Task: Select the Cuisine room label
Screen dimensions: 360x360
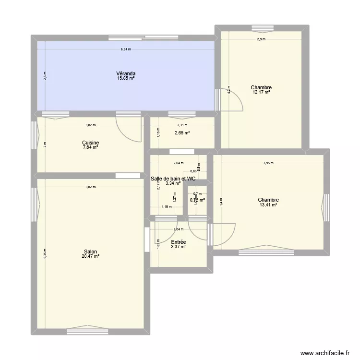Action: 90,143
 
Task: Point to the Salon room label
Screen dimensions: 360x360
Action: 90,252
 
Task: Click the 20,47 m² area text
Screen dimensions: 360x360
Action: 90,257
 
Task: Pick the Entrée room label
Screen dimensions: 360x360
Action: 178,242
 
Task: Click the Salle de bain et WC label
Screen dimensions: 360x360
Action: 173,179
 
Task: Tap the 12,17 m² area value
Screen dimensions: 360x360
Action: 261,92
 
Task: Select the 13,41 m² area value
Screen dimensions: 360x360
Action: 268,205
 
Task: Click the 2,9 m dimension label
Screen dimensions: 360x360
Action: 261,39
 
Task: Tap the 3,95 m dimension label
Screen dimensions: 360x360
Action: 268,163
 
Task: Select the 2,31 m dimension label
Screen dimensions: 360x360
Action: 182,125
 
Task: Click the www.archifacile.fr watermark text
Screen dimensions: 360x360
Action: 323,353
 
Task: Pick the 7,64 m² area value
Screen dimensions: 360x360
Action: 90,147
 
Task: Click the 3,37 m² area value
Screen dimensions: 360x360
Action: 178,247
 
